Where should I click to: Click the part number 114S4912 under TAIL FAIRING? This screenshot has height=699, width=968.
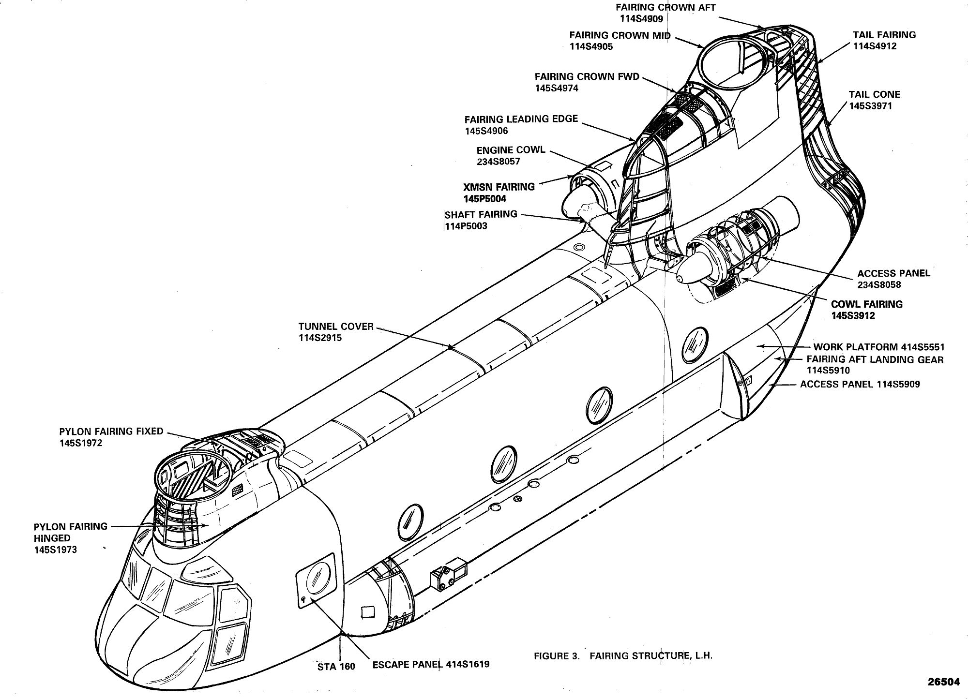(875, 46)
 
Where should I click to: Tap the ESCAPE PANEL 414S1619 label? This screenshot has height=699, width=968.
(431, 664)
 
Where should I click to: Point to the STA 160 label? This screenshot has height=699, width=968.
(336, 667)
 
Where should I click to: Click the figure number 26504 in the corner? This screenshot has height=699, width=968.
(943, 682)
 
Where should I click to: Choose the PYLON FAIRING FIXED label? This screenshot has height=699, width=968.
(111, 431)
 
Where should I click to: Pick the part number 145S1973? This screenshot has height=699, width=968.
(55, 550)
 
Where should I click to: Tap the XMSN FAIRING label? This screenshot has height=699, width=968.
(499, 187)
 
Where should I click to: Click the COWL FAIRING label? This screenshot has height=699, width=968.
(867, 304)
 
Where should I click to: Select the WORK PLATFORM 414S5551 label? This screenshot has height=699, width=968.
(879, 347)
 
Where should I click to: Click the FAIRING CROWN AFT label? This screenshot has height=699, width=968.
(665, 8)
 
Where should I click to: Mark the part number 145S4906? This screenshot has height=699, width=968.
(486, 131)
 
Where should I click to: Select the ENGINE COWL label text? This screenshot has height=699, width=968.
(511, 150)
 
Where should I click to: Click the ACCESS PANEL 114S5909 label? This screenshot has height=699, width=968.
(860, 385)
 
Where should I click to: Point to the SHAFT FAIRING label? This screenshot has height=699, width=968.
(481, 214)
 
